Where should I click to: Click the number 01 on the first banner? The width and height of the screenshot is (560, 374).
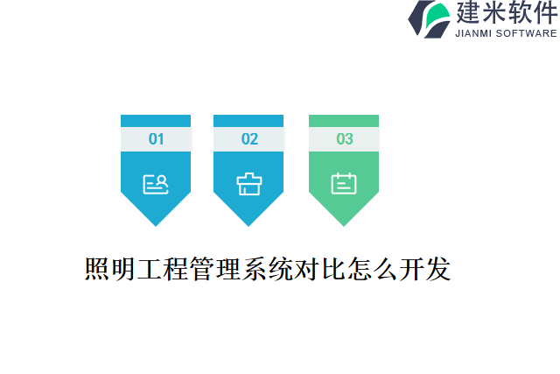point(156,138)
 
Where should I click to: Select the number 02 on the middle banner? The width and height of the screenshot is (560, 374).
point(249,138)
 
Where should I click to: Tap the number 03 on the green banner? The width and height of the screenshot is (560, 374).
point(344,138)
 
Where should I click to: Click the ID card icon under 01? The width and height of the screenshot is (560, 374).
point(156,183)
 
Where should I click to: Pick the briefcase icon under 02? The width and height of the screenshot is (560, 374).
point(249,183)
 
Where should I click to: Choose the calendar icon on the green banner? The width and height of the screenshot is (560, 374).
point(344,183)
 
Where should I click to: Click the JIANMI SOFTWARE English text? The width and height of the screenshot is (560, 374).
point(506,33)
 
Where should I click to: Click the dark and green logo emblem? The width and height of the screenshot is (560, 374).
point(430,18)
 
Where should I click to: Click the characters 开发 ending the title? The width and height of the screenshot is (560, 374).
point(427,269)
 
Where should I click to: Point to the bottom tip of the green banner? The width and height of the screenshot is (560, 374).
point(344,225)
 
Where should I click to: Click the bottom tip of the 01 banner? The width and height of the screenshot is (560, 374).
point(156,225)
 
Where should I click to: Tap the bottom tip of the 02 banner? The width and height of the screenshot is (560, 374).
point(249,225)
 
